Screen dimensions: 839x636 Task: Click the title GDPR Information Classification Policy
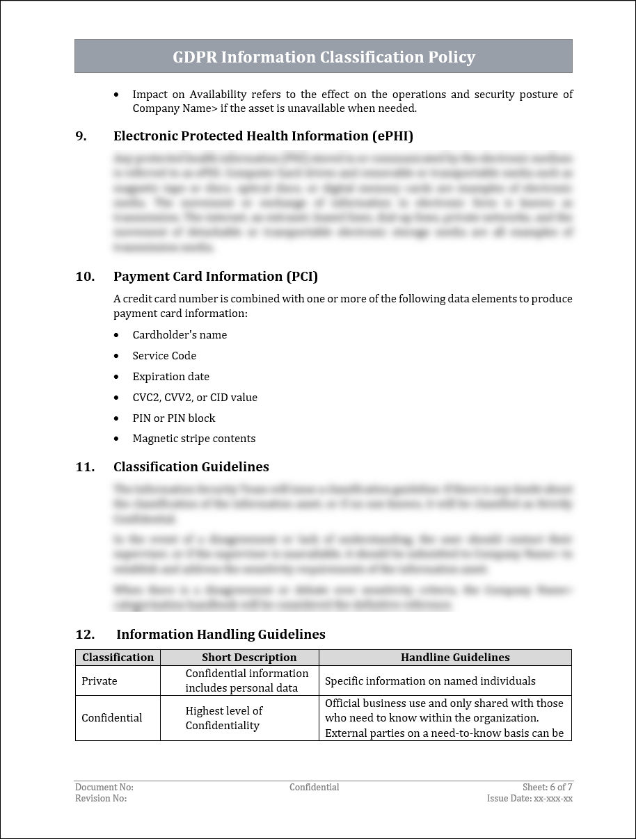[324, 57]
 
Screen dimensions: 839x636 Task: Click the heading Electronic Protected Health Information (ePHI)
[263, 136]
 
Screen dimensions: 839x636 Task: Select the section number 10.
[85, 277]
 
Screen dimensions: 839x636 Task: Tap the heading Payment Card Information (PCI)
[216, 277]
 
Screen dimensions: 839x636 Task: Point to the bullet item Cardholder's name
[180, 335]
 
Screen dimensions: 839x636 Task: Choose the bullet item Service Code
[164, 356]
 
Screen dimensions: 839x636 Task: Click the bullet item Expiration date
[170, 377]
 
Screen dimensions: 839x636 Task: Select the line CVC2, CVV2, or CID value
[195, 398]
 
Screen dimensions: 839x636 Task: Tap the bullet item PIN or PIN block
[174, 418]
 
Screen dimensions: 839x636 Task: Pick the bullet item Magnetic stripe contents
[194, 439]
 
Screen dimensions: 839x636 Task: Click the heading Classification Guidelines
[191, 467]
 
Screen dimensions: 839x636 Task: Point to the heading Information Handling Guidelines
[221, 635]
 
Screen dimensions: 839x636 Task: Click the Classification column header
[118, 658]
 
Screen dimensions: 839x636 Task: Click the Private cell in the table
[100, 681]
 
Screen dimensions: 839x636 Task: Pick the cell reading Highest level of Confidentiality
[224, 718]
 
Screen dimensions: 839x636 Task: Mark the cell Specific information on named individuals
[430, 681]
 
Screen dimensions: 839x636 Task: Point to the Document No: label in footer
[104, 788]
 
